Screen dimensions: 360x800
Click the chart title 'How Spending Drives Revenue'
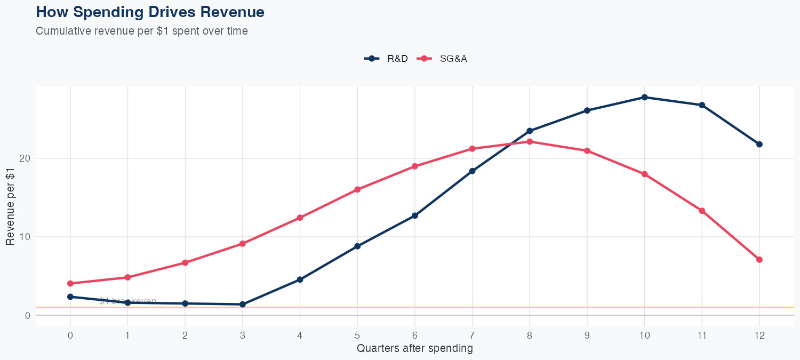pos(150,12)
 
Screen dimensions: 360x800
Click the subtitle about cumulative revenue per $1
pos(142,31)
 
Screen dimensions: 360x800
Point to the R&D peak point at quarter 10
pos(644,97)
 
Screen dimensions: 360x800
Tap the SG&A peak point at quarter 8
pos(530,141)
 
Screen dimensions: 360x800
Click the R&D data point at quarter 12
pos(759,144)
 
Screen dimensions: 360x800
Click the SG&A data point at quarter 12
pos(759,260)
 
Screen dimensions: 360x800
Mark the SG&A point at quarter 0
pos(70,283)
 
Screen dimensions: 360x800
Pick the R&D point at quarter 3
pos(243,304)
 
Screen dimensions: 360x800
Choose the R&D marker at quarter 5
pos(357,246)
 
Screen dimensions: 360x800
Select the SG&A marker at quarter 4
pos(300,218)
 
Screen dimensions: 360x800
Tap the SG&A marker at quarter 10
pos(644,174)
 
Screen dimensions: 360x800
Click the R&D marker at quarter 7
pos(472,171)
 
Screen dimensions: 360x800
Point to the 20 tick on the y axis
pos(25,158)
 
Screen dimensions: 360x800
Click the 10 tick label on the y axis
pos(25,237)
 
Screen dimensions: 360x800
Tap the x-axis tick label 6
pos(414,335)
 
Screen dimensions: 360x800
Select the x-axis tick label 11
pos(702,335)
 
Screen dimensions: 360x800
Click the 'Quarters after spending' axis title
pos(414,349)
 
